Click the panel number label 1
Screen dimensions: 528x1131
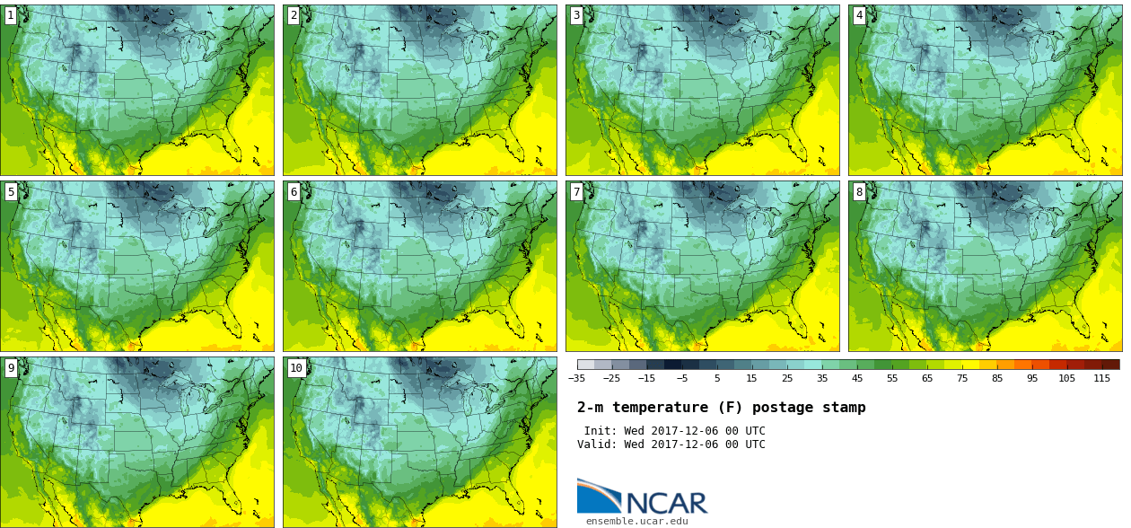coord(11,15)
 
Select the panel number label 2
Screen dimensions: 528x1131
coord(294,15)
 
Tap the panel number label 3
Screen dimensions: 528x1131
coord(576,15)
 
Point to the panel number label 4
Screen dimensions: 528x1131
coord(859,15)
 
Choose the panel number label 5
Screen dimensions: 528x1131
coord(11,191)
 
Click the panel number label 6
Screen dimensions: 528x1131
coord(294,191)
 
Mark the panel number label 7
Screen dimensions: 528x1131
coord(576,191)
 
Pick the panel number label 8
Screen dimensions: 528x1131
coord(859,191)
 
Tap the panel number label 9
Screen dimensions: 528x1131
coord(11,367)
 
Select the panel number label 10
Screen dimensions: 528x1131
coord(296,367)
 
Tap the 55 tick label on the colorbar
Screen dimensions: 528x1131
coord(892,379)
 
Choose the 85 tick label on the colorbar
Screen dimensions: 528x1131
coord(997,379)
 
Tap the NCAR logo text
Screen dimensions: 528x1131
coord(666,503)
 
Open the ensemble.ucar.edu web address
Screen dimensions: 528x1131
coord(636,521)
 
